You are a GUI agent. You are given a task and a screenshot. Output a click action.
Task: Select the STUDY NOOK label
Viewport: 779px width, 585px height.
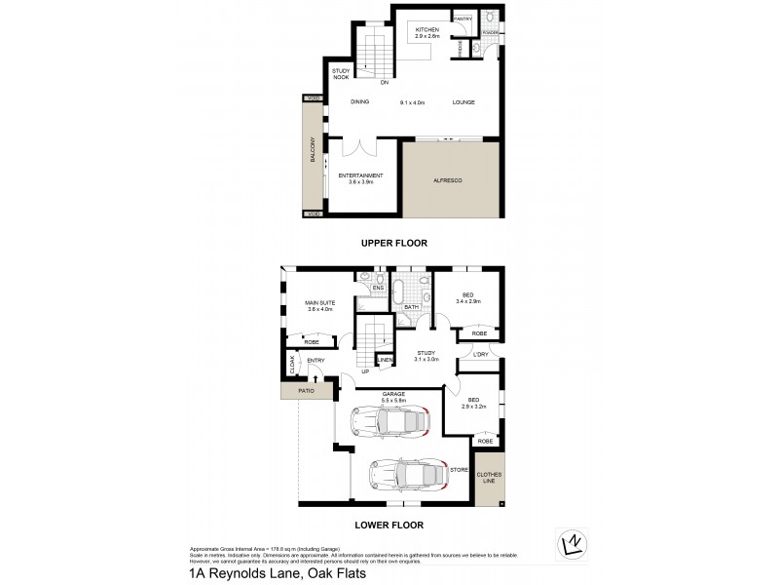[341, 74]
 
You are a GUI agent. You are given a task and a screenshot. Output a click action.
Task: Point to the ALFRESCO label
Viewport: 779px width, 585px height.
[446, 180]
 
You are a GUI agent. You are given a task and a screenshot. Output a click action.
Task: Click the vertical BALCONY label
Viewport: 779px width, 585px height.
[314, 155]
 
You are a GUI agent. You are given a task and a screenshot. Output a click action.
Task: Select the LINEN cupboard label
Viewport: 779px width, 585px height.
[385, 361]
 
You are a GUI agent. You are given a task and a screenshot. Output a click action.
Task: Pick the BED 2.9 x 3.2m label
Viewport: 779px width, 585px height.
[474, 402]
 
